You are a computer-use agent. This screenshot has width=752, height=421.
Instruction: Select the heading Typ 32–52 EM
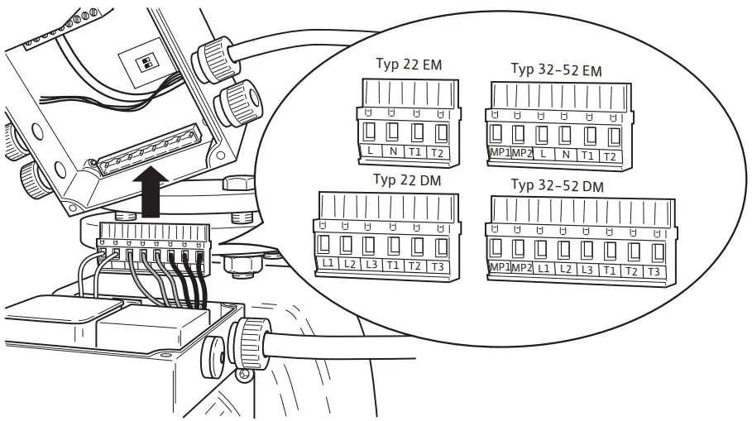click(x=556, y=70)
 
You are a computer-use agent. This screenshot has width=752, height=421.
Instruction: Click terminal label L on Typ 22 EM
click(x=371, y=152)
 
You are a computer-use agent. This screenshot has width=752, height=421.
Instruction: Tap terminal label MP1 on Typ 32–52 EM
click(x=498, y=155)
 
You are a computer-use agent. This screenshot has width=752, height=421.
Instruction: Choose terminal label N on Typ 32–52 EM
click(x=566, y=155)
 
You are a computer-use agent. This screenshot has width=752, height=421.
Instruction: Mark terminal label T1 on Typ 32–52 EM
click(x=588, y=155)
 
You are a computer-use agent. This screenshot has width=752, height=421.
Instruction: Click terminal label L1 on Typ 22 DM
click(x=328, y=264)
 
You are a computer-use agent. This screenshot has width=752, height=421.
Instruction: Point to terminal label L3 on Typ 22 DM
click(x=371, y=265)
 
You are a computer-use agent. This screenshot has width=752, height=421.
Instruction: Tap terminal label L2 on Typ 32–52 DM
click(x=565, y=270)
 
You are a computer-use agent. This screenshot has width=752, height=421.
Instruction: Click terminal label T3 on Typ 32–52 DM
click(x=654, y=271)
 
